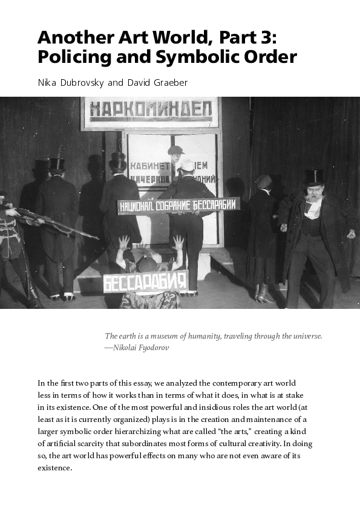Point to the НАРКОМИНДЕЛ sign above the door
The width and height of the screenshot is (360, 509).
point(151,112)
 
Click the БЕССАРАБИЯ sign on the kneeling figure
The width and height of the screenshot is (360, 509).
point(145,282)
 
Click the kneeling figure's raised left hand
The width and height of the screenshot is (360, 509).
point(125,242)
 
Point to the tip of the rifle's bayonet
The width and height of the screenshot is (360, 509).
point(97,238)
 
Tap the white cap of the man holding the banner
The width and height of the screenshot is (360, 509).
point(187,164)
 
